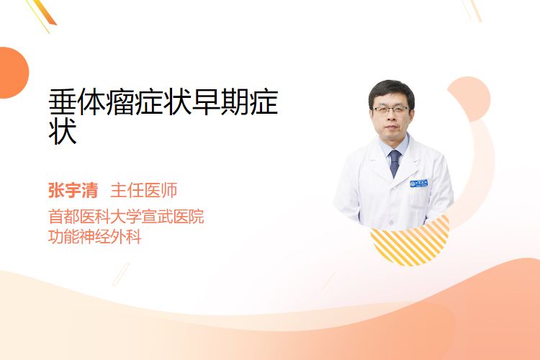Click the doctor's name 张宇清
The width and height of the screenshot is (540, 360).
(x=73, y=191)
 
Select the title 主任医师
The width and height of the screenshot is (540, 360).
(x=144, y=191)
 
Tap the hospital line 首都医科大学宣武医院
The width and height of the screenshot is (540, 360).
(x=126, y=216)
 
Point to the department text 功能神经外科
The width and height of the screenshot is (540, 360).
(x=95, y=237)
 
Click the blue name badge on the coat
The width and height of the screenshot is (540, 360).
(x=419, y=184)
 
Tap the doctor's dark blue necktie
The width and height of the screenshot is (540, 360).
(x=395, y=163)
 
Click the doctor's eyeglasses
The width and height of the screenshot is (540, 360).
(x=391, y=110)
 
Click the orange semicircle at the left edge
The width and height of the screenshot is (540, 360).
(x=14, y=73)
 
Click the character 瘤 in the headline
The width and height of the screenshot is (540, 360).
(x=120, y=102)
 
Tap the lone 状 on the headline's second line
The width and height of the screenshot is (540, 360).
(x=63, y=132)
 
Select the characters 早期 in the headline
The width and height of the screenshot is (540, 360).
(x=220, y=102)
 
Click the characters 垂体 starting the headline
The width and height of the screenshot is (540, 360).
(x=77, y=102)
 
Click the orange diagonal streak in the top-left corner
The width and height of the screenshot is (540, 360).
(x=44, y=12)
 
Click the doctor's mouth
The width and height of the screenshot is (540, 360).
(x=391, y=127)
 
